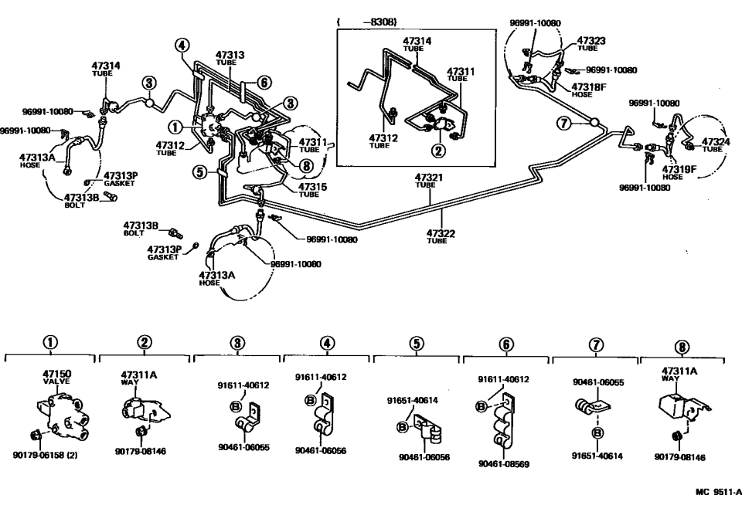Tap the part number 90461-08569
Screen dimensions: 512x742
(x=504, y=463)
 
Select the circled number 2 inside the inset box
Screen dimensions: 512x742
(x=437, y=150)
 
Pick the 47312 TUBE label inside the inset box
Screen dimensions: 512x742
(x=379, y=140)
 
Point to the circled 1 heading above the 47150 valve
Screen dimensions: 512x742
(x=51, y=344)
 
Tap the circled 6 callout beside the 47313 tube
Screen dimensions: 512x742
(x=264, y=83)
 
